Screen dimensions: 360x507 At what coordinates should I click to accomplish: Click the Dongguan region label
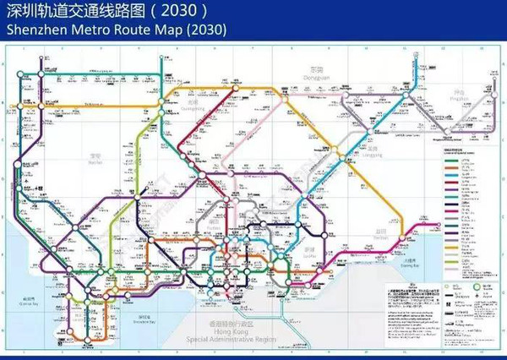(315, 76)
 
